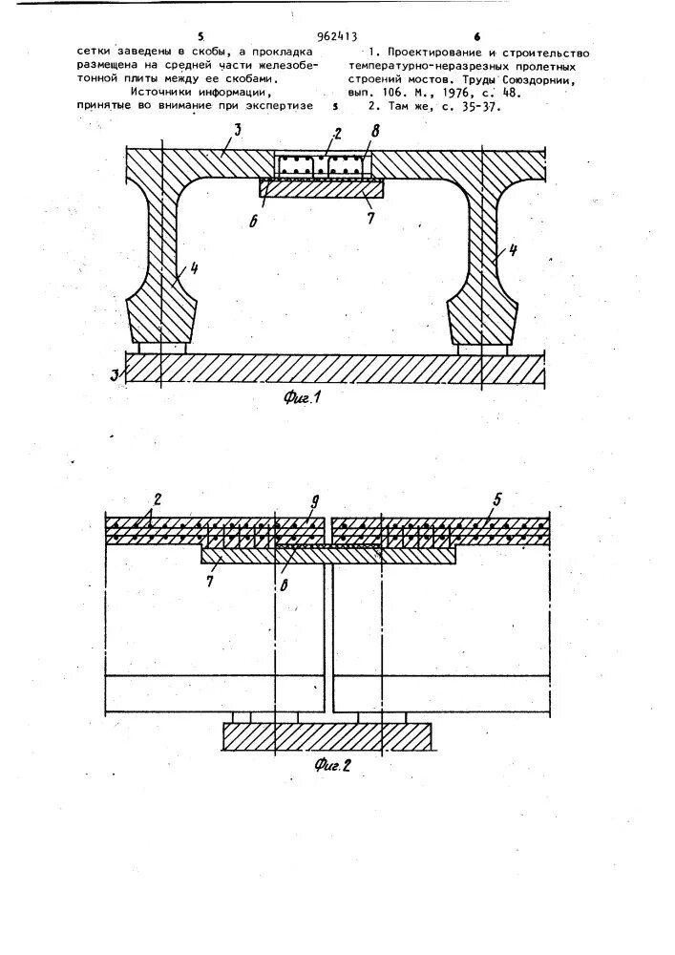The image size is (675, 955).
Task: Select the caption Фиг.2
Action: pyautogui.click(x=334, y=765)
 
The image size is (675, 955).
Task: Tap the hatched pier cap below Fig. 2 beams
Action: pyautogui.click(x=327, y=736)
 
